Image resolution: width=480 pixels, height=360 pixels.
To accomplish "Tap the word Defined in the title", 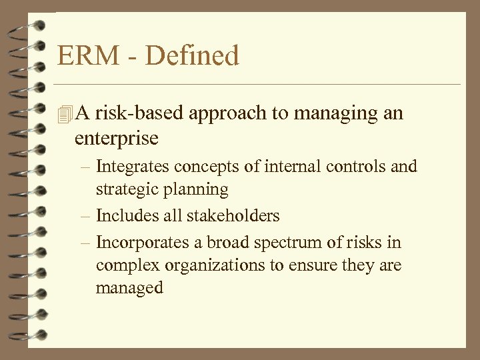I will pyautogui.click(x=192, y=55).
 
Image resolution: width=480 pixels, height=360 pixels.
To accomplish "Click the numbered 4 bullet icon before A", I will pyautogui.click(x=64, y=114).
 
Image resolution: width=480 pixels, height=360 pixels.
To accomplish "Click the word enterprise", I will pyautogui.click(x=117, y=139).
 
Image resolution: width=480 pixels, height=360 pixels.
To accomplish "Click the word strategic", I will pyautogui.click(x=123, y=190).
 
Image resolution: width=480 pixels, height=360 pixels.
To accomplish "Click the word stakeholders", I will pyautogui.click(x=233, y=215).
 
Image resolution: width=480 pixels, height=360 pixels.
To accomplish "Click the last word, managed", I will pyautogui.click(x=129, y=289).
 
